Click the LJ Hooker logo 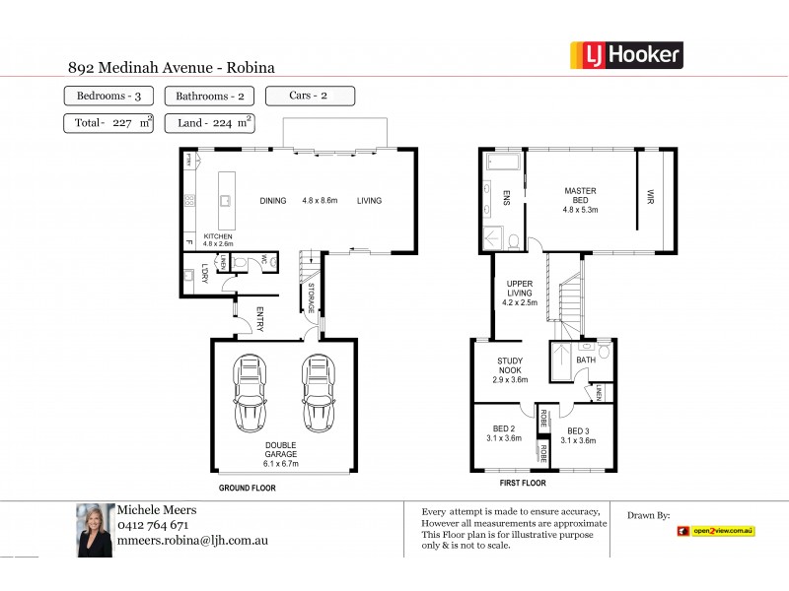click(626, 54)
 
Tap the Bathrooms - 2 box click(209, 97)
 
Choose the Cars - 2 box click(310, 96)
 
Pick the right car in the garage click(318, 393)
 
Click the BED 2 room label click(506, 432)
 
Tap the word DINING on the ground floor click(273, 201)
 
